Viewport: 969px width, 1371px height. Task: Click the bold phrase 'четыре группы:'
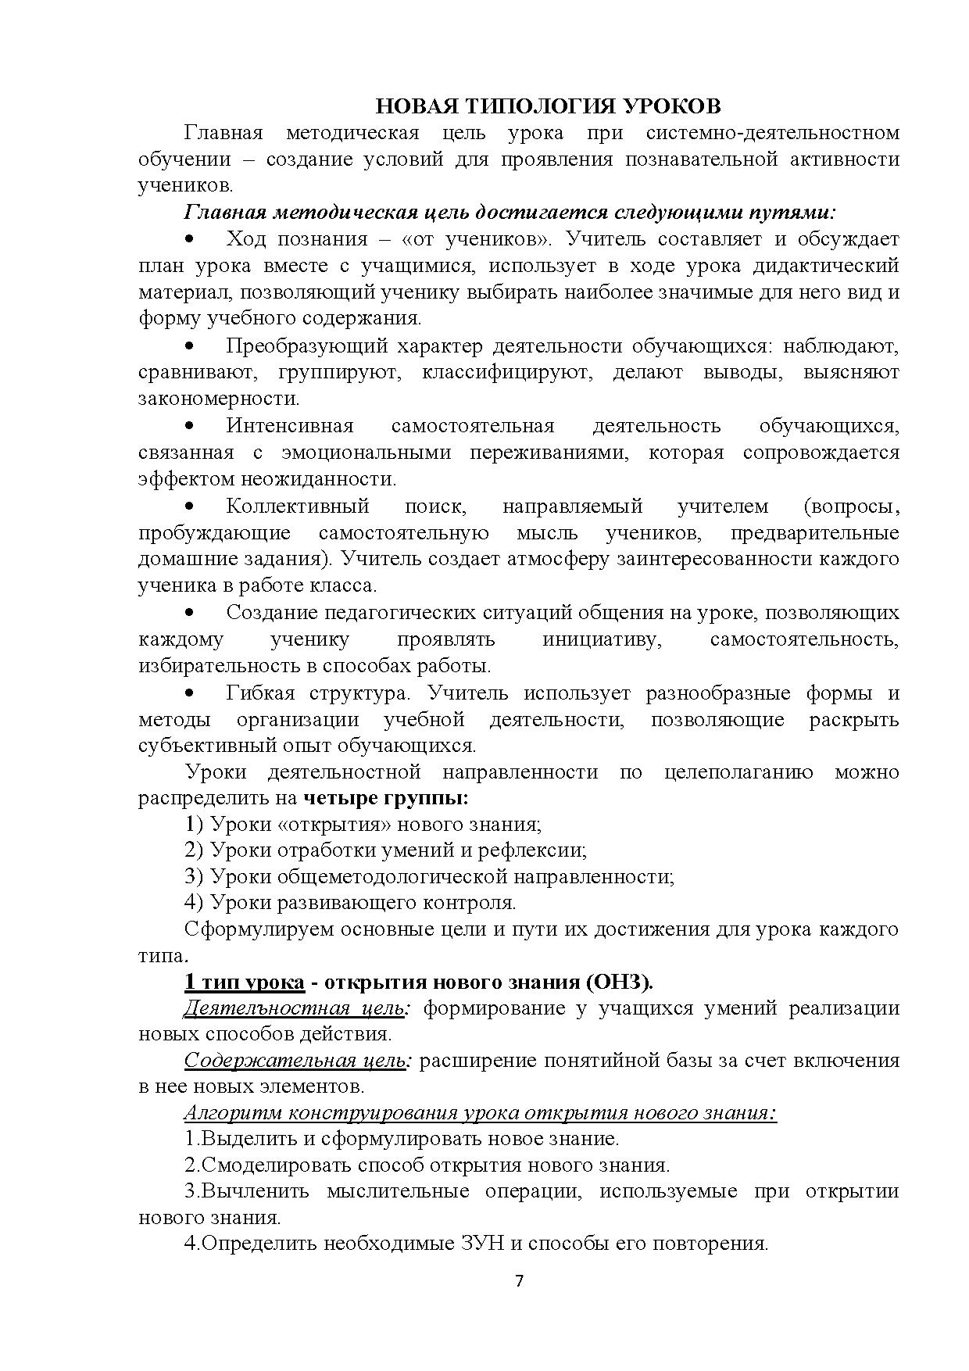click(x=385, y=798)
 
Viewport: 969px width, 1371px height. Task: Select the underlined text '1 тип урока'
click(x=244, y=982)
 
